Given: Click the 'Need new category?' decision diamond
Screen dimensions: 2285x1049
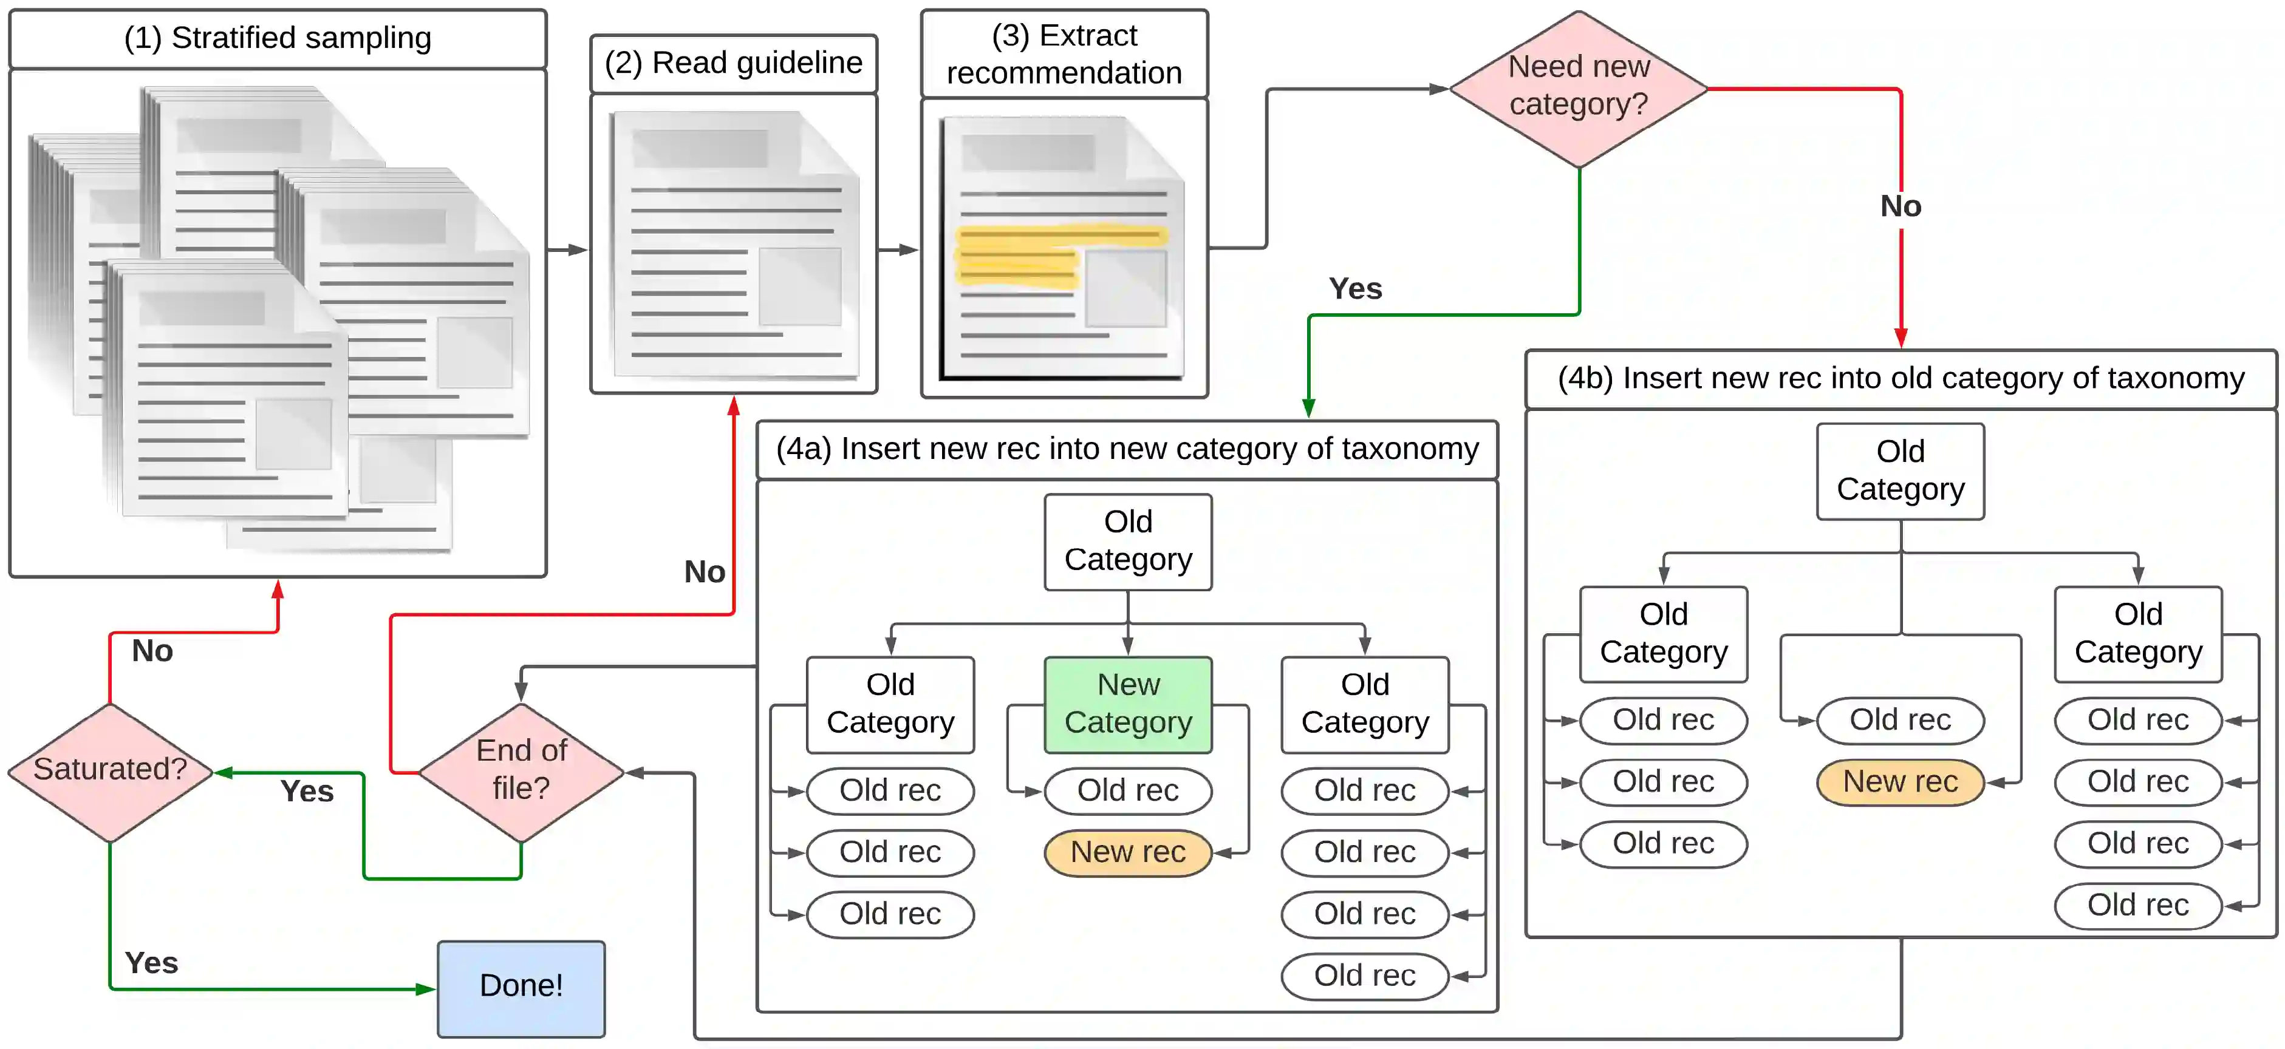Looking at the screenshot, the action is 1579,89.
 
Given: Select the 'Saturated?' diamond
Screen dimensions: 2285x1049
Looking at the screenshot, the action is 110,772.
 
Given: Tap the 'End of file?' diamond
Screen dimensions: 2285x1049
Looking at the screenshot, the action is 522,772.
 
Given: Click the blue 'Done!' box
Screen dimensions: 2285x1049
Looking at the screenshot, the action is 522,989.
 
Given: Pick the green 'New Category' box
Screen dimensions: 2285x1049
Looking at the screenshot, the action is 1129,705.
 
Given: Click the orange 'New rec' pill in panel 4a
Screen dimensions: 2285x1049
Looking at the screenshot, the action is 1129,852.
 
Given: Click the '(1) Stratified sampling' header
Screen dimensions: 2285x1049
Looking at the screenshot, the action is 278,39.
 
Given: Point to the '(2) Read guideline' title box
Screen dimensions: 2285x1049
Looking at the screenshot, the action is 734,64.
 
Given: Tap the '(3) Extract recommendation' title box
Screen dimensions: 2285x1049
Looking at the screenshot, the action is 1064,53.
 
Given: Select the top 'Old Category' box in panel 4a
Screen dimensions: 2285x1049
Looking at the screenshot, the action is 1129,541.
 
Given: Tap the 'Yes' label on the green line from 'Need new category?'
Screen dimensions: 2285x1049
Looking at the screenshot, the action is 1355,289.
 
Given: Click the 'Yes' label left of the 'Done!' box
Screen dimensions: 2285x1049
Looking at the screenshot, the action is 152,963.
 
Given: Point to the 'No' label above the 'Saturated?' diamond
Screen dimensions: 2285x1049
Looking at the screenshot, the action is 152,651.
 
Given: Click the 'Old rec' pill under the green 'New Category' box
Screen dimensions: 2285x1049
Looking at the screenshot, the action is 1129,790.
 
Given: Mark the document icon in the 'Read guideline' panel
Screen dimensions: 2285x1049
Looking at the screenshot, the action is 734,244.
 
